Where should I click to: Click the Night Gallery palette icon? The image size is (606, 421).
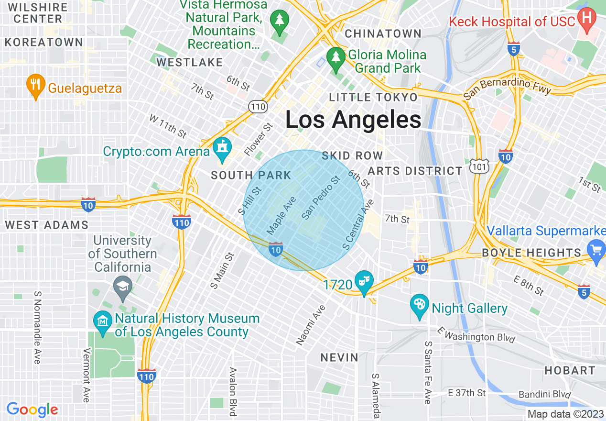pyautogui.click(x=420, y=305)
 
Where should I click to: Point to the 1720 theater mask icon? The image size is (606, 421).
pyautogui.click(x=364, y=282)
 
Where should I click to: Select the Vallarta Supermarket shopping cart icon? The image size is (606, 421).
pyautogui.click(x=596, y=251)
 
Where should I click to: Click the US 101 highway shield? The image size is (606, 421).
pyautogui.click(x=479, y=166)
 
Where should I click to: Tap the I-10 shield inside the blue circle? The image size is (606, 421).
pyautogui.click(x=276, y=249)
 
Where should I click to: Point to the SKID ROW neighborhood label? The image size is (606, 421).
pyautogui.click(x=352, y=155)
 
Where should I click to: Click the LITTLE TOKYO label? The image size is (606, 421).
pyautogui.click(x=373, y=97)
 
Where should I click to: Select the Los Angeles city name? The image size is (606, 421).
pyautogui.click(x=353, y=120)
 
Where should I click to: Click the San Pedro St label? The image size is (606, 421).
pyautogui.click(x=321, y=198)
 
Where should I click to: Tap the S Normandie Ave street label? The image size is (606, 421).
pyautogui.click(x=37, y=327)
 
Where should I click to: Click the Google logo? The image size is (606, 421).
pyautogui.click(x=32, y=410)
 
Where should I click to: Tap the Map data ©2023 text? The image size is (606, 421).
pyautogui.click(x=565, y=414)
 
